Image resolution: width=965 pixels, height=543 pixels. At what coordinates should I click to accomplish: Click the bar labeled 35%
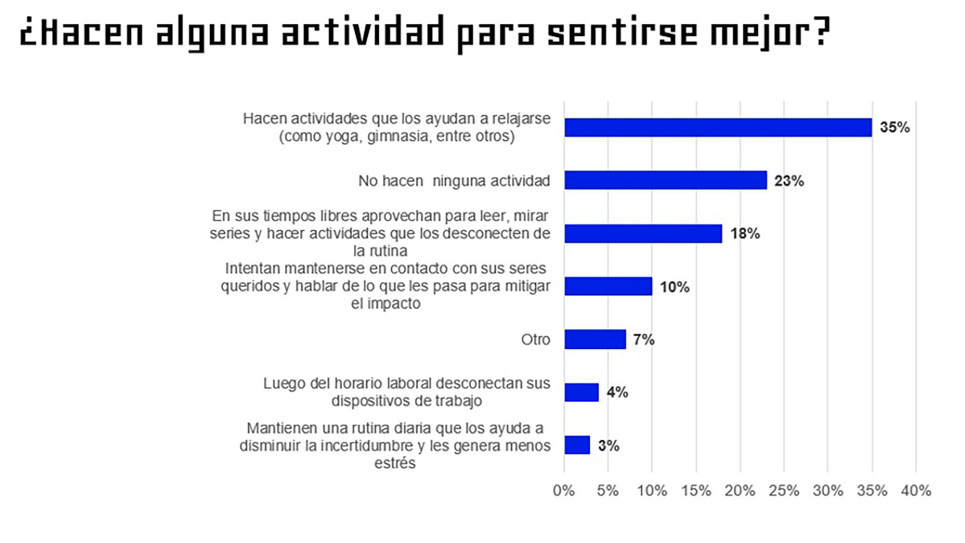[x=718, y=127]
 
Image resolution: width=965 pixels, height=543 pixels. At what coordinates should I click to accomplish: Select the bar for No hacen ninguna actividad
[x=665, y=180]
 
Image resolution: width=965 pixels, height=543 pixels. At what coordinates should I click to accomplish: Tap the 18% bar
[x=643, y=234]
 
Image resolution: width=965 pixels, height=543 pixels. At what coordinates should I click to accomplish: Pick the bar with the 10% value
[x=608, y=286]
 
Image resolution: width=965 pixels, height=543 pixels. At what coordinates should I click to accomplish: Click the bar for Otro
[x=595, y=339]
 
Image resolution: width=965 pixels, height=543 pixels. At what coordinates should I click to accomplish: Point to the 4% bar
[x=582, y=393]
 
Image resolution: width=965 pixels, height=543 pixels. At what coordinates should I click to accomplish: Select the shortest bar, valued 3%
[x=577, y=445]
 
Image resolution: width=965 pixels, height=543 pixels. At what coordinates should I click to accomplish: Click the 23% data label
[x=789, y=181]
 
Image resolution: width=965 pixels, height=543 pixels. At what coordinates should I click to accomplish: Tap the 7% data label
[x=644, y=340]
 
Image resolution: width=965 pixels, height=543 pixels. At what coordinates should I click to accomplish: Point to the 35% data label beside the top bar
[x=895, y=127]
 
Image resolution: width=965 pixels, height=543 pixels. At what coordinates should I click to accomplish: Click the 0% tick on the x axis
[x=563, y=491]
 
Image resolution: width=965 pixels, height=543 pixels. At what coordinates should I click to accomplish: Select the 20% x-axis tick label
[x=739, y=491]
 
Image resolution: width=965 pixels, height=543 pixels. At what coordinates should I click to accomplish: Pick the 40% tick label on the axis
[x=916, y=491]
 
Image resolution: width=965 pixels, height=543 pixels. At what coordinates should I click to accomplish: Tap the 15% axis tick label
[x=696, y=491]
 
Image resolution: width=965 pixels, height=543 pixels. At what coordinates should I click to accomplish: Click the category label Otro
[x=535, y=340]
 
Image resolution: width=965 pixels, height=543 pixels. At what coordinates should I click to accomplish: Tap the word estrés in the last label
[x=395, y=463]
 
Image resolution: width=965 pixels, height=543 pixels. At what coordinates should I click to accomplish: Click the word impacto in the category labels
[x=394, y=304]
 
